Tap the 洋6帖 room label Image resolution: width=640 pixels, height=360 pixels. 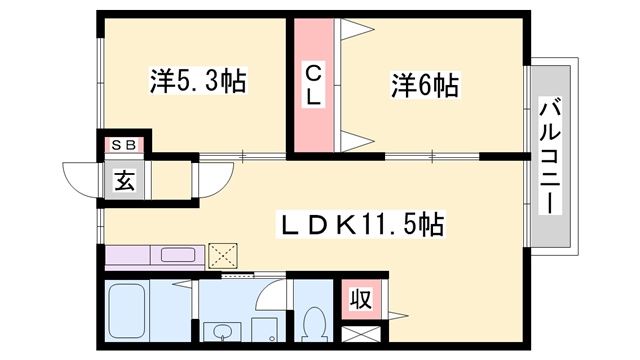tap(424, 87)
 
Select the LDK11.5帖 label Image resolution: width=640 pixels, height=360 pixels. tap(360, 221)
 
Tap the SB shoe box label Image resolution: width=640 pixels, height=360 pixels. tap(123, 145)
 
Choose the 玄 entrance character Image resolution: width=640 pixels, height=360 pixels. tap(125, 181)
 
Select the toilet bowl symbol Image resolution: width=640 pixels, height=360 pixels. tap(314, 323)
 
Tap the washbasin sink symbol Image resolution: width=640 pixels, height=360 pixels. tap(219, 331)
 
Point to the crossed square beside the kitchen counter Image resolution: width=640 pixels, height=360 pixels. tap(222, 254)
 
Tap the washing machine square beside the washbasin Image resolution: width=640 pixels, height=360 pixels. tap(262, 331)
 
